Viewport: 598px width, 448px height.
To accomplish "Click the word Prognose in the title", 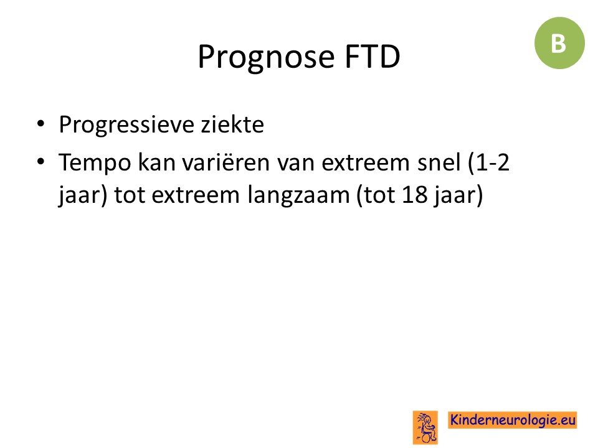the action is (266, 57).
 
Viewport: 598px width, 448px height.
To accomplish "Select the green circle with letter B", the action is (559, 43).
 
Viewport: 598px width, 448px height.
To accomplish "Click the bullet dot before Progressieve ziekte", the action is (41, 123).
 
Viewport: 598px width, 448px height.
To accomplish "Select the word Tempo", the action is (95, 162).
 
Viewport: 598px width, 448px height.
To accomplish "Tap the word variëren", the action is (226, 162).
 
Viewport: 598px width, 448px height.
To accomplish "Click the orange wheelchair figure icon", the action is (425, 427).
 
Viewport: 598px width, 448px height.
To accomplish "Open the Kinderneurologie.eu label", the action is (512, 420).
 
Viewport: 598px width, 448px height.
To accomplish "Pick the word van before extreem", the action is (296, 164).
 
